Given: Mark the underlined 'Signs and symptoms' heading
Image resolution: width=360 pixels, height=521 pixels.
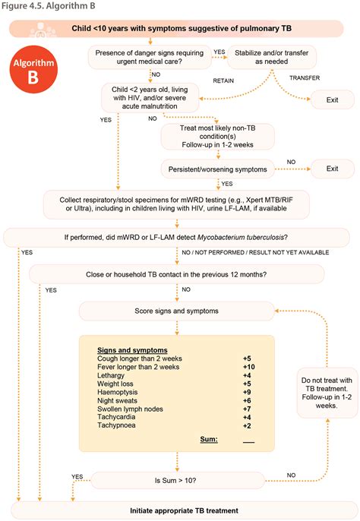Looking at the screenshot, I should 129,349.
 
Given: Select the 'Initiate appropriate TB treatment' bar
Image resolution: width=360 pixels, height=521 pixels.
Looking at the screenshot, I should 180,510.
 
